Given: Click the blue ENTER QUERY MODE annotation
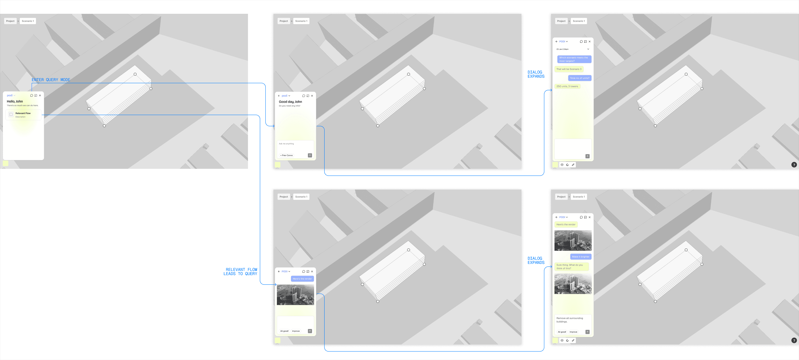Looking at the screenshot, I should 51,80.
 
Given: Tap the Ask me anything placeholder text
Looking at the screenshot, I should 286,144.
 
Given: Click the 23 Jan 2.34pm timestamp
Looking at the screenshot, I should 562,49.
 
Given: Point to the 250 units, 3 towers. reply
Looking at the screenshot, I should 567,86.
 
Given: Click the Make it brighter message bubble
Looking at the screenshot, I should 581,257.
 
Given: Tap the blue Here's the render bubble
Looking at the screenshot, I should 302,279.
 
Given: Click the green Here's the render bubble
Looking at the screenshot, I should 566,224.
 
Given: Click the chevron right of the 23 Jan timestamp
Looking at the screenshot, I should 588,49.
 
